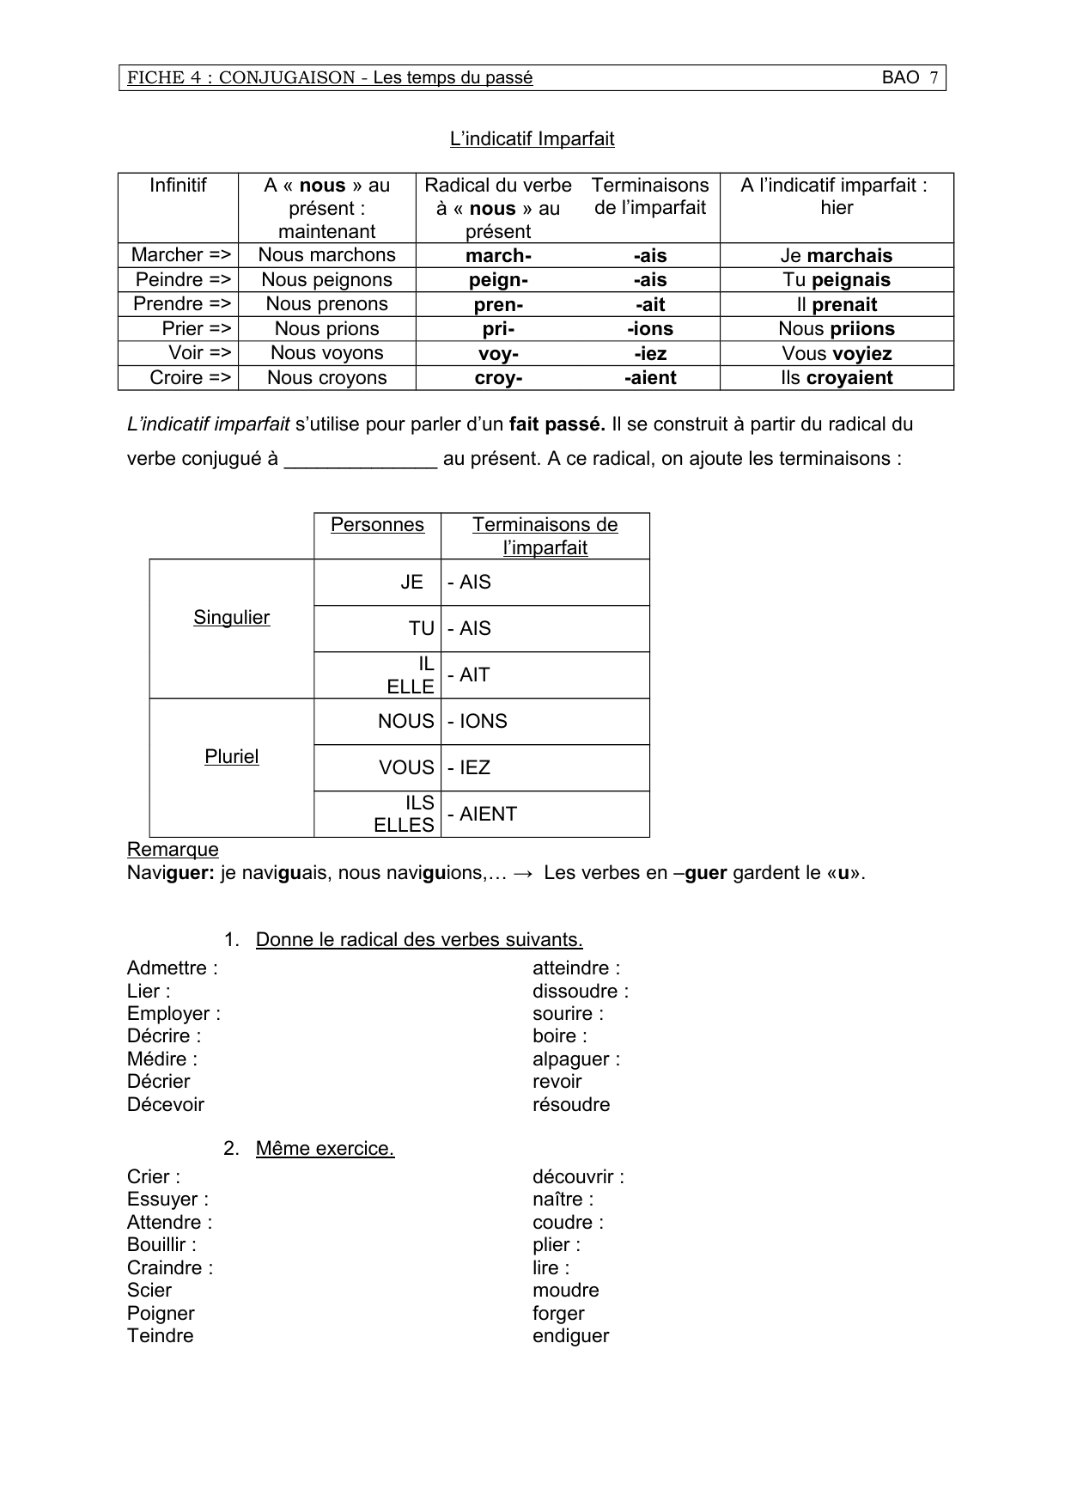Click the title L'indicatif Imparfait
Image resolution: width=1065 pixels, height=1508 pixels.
(532, 138)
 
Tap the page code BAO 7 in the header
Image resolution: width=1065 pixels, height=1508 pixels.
(910, 77)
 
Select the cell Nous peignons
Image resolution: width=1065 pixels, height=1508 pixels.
(326, 279)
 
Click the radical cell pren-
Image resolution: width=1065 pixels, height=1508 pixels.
(498, 304)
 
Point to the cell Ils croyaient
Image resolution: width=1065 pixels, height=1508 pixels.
(837, 378)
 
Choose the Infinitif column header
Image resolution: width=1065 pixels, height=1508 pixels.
(178, 185)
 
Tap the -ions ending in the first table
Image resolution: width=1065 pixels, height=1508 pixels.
(650, 329)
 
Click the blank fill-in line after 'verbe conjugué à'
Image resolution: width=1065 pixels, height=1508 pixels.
(361, 460)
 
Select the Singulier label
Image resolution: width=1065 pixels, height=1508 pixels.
(231, 618)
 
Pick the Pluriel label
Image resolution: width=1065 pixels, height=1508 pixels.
(231, 756)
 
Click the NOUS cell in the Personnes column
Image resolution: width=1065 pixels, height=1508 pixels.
(405, 721)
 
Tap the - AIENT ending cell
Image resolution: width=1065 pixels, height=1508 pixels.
(482, 814)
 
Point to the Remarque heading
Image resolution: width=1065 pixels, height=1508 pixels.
(173, 849)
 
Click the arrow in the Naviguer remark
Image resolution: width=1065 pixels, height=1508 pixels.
(522, 873)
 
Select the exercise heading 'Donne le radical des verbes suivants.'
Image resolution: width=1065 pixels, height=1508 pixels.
(419, 939)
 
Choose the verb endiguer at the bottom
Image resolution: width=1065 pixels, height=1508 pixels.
(570, 1335)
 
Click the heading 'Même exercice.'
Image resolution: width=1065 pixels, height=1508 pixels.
(325, 1148)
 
